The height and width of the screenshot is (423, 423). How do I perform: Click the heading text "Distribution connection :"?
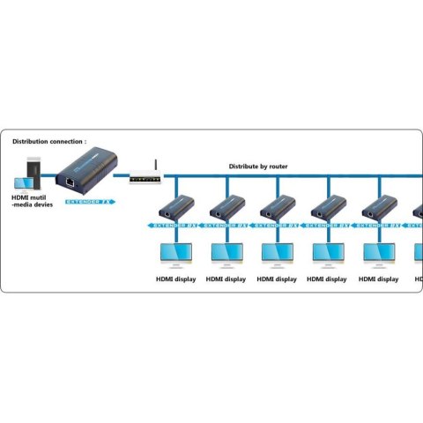49,141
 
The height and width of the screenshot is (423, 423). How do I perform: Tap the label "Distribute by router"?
258,166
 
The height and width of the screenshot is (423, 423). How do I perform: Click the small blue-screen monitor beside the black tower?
19,182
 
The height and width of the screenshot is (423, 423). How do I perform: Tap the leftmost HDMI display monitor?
175,254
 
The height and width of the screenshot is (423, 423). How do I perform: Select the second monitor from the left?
226,254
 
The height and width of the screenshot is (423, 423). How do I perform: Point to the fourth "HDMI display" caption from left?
328,279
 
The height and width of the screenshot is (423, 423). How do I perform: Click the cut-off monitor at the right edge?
419,254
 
